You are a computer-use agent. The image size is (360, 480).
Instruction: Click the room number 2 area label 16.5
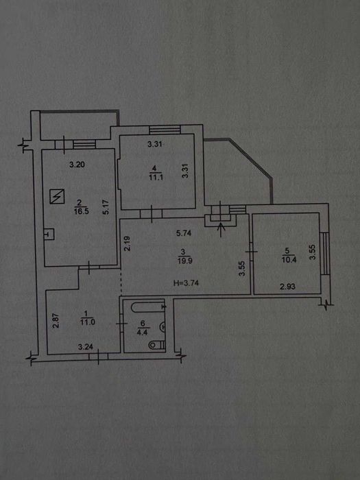(x=81, y=211)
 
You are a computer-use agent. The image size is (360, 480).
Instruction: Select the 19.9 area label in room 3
(x=184, y=261)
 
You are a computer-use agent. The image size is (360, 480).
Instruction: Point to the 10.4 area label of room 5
(x=289, y=260)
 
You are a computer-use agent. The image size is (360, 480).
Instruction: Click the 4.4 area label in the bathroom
(x=143, y=332)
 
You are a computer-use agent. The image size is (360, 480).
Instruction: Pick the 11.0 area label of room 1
(x=88, y=322)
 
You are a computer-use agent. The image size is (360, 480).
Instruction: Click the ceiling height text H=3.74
(x=186, y=283)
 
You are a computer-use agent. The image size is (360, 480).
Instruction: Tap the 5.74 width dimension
(x=184, y=233)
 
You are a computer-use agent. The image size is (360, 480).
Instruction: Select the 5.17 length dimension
(x=106, y=207)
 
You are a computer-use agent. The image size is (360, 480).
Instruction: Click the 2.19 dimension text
(x=128, y=243)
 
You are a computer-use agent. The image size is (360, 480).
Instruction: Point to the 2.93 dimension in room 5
(x=288, y=287)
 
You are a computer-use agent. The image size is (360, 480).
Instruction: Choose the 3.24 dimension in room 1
(x=86, y=347)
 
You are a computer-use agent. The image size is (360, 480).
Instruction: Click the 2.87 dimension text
(x=56, y=320)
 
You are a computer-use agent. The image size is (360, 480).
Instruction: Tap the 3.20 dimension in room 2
(x=77, y=165)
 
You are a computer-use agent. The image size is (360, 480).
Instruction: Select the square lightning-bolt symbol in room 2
(x=57, y=196)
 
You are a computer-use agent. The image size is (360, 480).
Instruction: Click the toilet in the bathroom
(x=157, y=345)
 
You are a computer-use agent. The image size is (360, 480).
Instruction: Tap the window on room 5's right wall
(x=324, y=254)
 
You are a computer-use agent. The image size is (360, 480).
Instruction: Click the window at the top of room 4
(x=165, y=130)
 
